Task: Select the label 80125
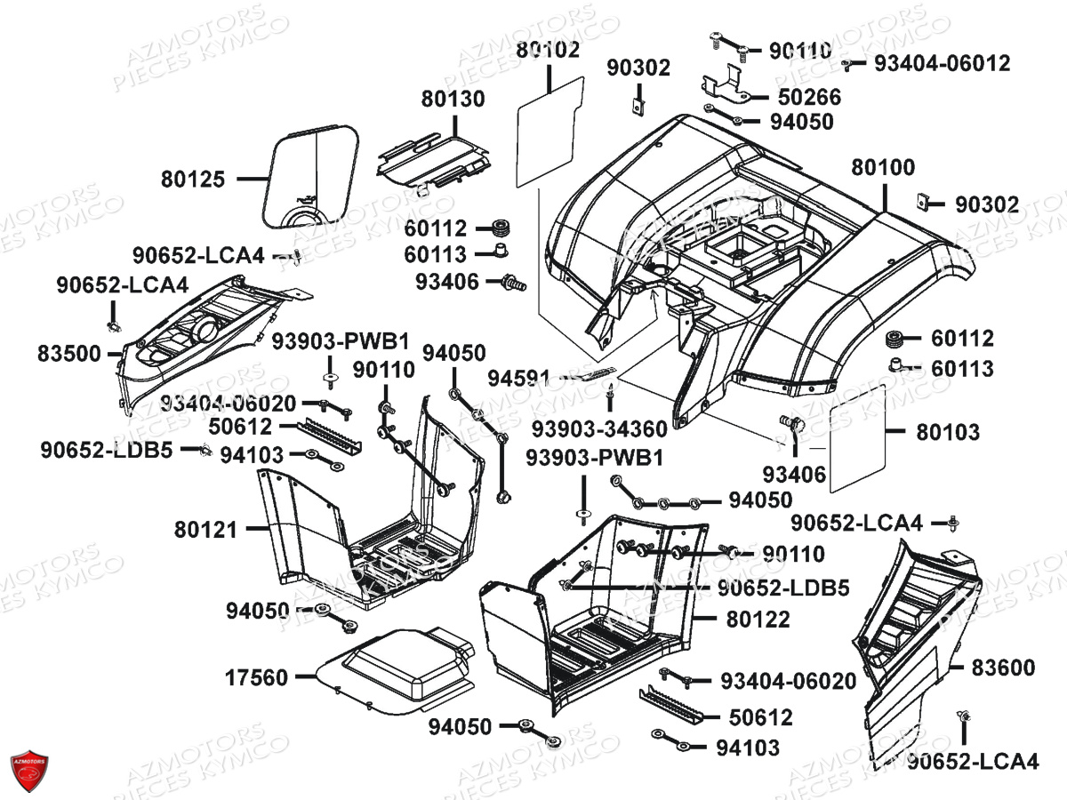[193, 179]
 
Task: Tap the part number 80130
[453, 100]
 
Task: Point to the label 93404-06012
[942, 63]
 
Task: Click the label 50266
[809, 96]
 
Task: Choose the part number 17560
[256, 678]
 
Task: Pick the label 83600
[1003, 668]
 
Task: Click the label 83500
[69, 353]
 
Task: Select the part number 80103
[948, 433]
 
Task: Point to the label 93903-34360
[599, 429]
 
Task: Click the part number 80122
[758, 619]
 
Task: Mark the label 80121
[206, 530]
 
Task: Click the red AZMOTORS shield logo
[28, 770]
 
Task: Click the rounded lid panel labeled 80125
[311, 173]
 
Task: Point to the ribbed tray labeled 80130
[433, 158]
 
